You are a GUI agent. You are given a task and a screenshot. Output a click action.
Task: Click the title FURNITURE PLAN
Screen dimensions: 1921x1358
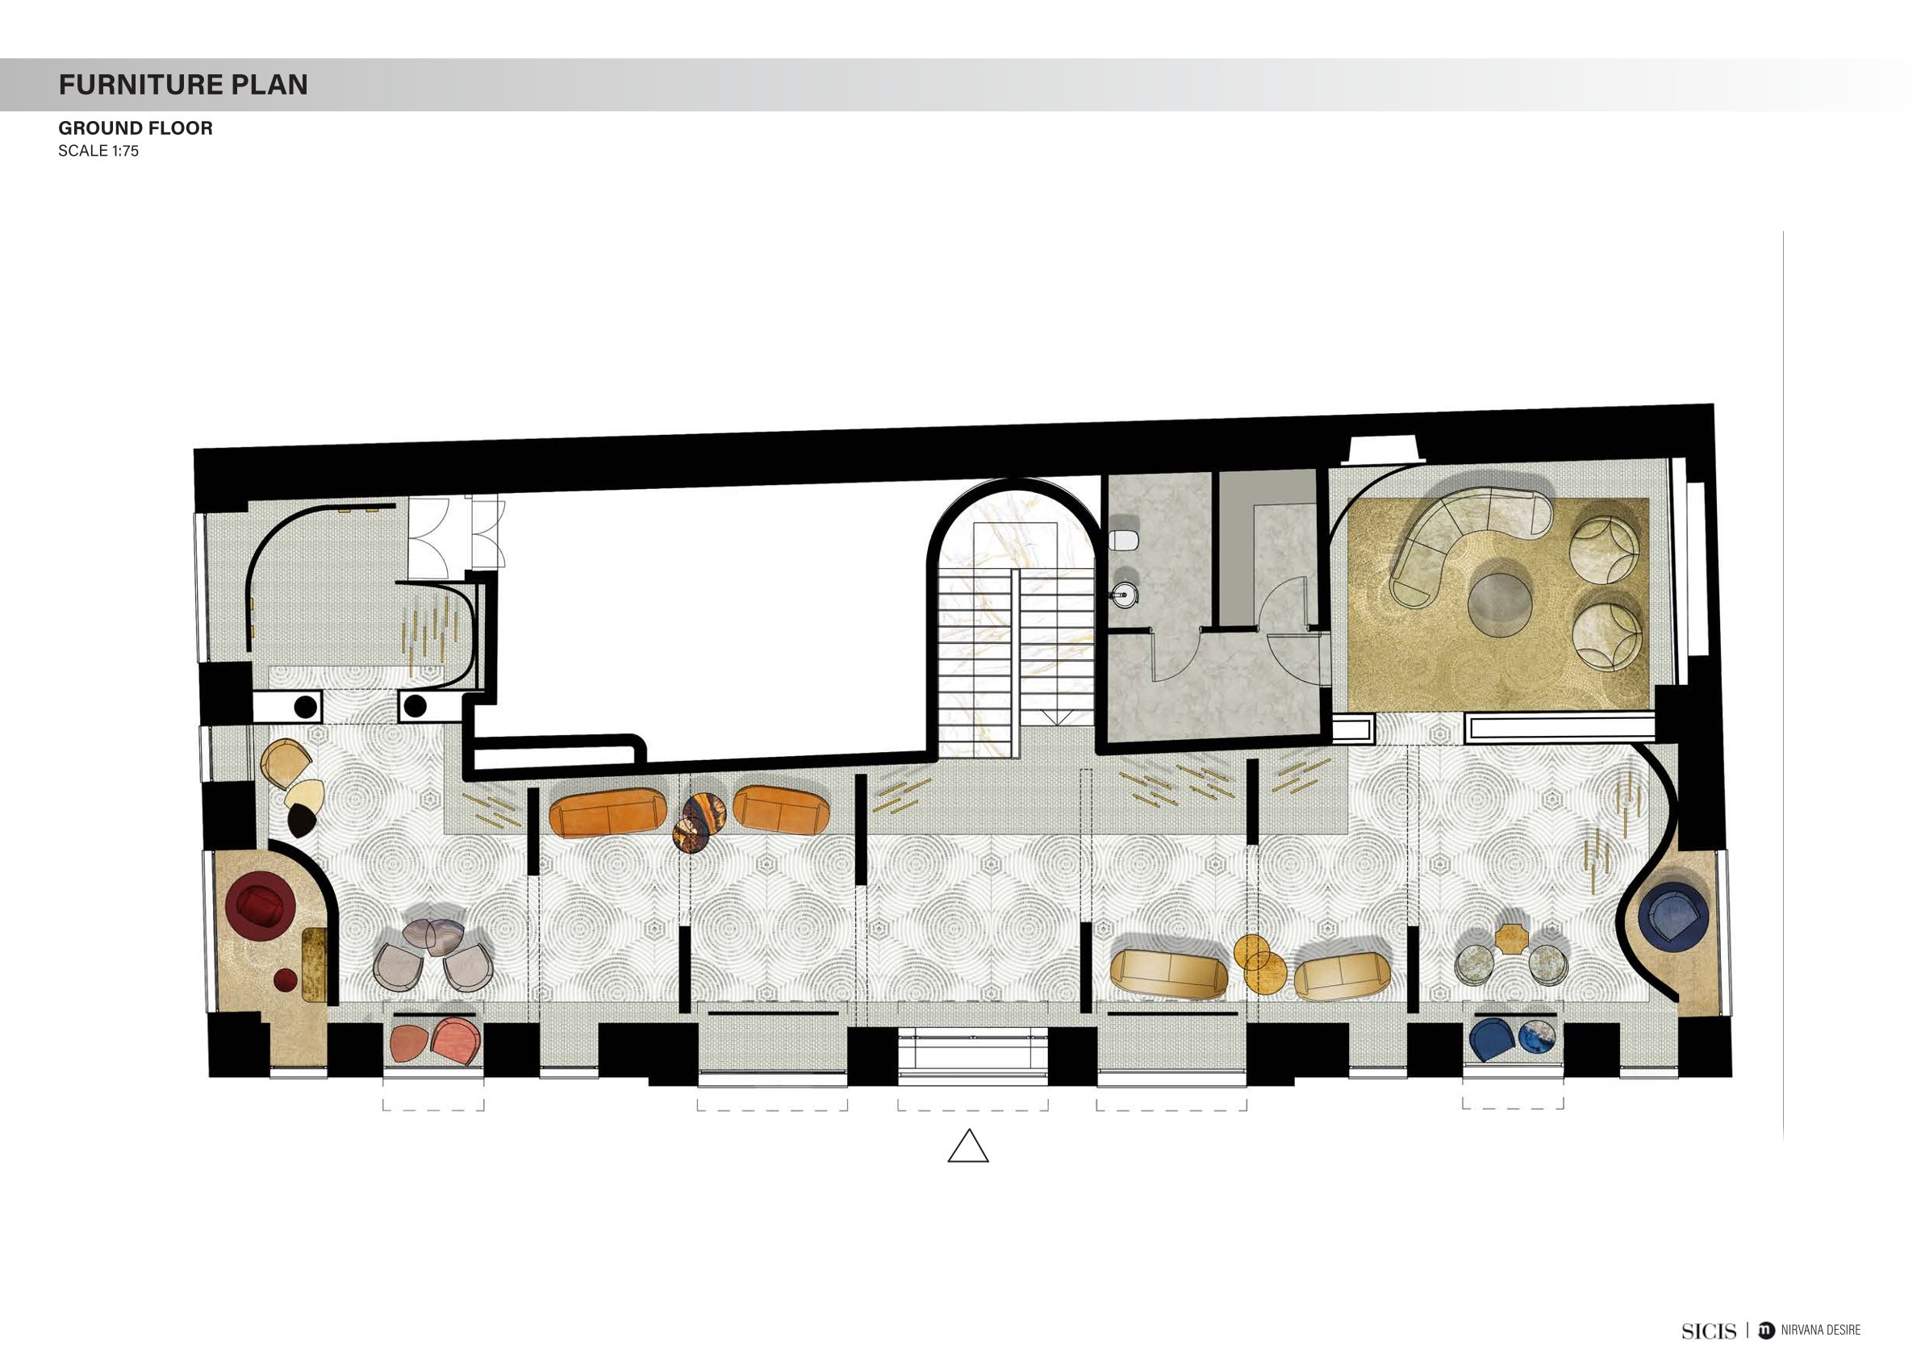183,85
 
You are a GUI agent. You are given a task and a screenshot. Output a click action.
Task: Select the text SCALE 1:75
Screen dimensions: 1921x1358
98,152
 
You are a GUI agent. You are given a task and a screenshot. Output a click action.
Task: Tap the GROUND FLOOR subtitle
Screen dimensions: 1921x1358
136,128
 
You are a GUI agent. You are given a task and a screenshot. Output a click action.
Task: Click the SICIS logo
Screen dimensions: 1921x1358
1709,1331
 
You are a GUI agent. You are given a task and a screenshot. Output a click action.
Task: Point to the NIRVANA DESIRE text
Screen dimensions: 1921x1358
1821,1331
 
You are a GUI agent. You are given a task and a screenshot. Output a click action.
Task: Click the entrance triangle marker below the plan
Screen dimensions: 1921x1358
968,1147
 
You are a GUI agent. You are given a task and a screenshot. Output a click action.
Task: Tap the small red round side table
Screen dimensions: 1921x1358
286,979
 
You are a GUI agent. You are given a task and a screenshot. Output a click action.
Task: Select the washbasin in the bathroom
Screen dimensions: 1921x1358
1125,595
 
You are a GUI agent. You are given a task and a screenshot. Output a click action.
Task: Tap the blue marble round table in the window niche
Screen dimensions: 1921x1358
1536,1039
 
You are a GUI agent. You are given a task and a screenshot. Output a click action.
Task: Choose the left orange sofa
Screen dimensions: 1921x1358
608,813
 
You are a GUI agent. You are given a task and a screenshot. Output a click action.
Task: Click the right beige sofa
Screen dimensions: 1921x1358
1342,976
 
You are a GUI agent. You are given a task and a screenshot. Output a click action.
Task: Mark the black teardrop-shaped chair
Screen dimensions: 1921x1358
301,821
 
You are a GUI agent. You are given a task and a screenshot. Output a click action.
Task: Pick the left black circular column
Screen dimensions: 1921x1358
306,707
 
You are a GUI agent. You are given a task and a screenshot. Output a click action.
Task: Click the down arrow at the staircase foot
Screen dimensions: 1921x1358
1056,718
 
